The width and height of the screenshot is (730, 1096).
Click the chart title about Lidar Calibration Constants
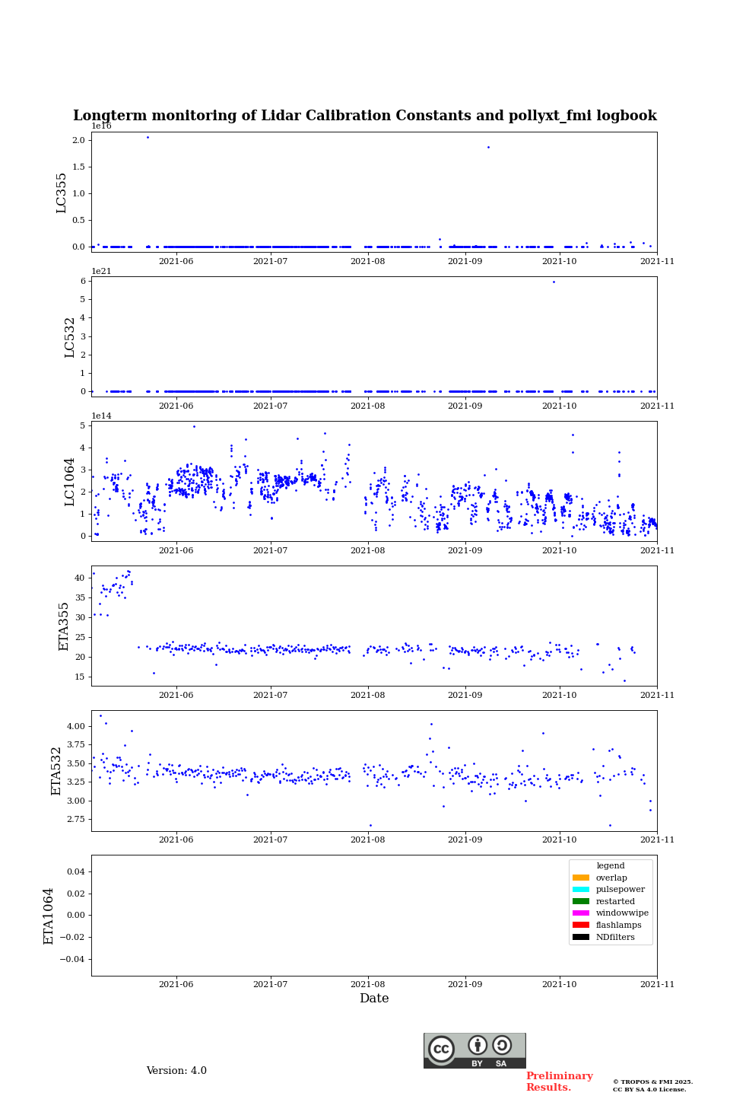pyautogui.click(x=364, y=116)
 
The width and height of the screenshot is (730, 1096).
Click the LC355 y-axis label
pyautogui.click(x=62, y=193)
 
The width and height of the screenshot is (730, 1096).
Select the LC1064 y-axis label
pyautogui.click(x=70, y=482)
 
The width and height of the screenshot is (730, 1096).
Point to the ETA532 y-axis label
pyautogui.click(x=56, y=771)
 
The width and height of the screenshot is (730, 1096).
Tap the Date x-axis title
pyautogui.click(x=374, y=999)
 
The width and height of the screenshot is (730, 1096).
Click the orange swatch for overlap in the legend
pyautogui.click(x=581, y=878)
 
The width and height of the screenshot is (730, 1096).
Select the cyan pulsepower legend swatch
pyautogui.click(x=581, y=890)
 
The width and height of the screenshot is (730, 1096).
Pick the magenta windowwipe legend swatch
pyautogui.click(x=581, y=913)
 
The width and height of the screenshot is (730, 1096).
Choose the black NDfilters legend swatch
pyautogui.click(x=581, y=937)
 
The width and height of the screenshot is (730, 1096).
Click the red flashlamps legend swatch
pyautogui.click(x=581, y=926)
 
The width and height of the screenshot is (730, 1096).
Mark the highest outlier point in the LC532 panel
pyautogui.click(x=554, y=282)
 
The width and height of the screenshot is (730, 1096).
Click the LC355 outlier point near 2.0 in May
pyautogui.click(x=148, y=137)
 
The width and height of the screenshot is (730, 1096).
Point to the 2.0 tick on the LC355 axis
pyautogui.click(x=78, y=140)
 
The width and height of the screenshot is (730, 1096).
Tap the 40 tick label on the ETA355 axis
pyautogui.click(x=79, y=578)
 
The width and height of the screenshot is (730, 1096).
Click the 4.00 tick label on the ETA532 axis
pyautogui.click(x=75, y=726)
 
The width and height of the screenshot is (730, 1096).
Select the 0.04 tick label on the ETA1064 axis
pyautogui.click(x=75, y=871)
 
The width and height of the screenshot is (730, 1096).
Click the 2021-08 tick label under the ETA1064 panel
pyautogui.click(x=368, y=984)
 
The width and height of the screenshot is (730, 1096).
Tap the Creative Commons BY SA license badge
pyautogui.click(x=474, y=1050)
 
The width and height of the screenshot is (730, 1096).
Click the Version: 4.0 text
pyautogui.click(x=176, y=1071)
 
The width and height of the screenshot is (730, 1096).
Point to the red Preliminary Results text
pyautogui.click(x=559, y=1082)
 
